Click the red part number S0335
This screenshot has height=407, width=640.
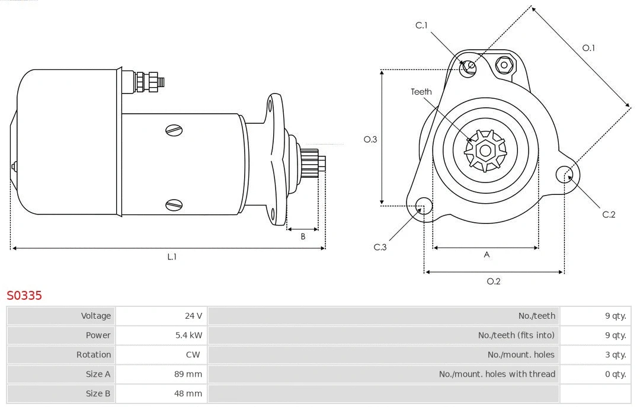[x=24, y=295]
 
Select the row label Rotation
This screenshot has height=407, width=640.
[x=94, y=355]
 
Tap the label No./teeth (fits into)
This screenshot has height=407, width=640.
[x=516, y=335]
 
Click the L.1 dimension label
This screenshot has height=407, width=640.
[x=172, y=257]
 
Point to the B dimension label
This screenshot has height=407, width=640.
[x=303, y=236]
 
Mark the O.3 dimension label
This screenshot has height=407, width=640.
[x=370, y=140]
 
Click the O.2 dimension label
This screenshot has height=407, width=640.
[x=494, y=281]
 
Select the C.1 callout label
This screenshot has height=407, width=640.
[x=421, y=25]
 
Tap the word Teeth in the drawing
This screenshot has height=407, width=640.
[x=421, y=92]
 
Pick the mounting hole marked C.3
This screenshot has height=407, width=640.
[x=423, y=206]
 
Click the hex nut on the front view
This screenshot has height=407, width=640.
[x=504, y=65]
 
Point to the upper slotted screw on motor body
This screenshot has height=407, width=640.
[x=174, y=130]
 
